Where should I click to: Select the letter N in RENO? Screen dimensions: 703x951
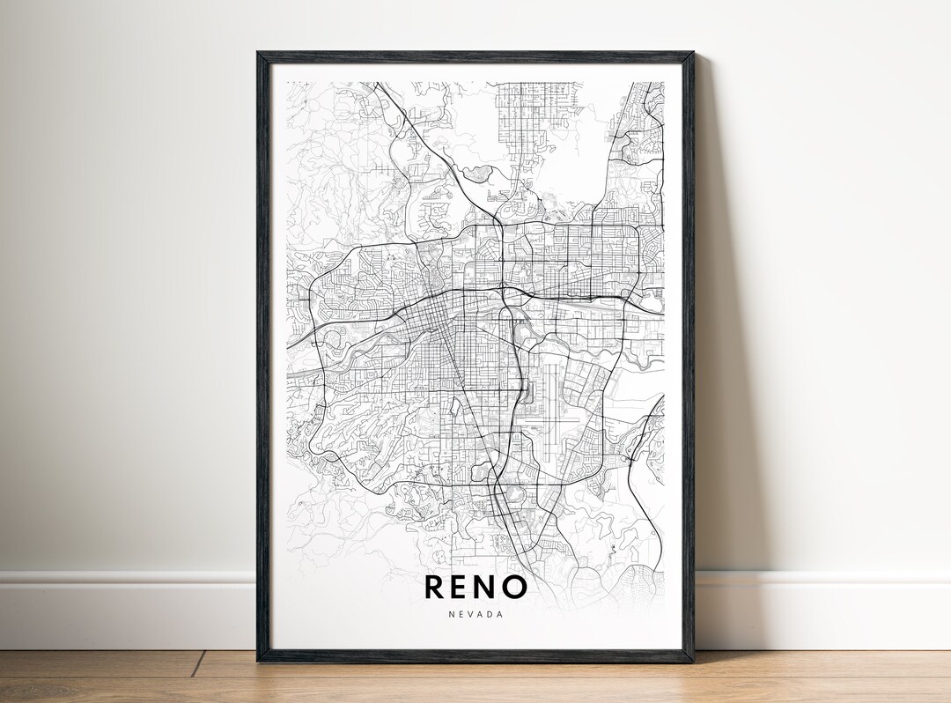click(x=491, y=587)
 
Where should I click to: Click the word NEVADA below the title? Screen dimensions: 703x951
click(x=475, y=614)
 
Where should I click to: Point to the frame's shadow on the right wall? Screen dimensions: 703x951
click(x=718, y=352)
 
